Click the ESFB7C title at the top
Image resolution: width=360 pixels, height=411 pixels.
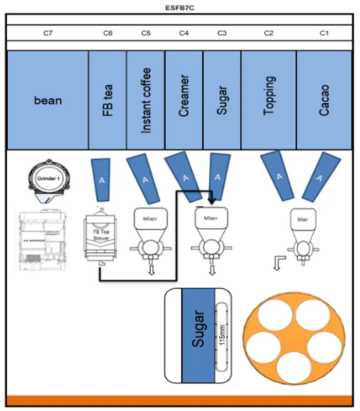tap(179, 8)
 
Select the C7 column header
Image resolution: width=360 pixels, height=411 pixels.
tap(48, 33)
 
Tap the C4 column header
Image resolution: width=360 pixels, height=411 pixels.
tap(184, 33)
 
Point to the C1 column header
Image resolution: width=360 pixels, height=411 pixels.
tap(323, 33)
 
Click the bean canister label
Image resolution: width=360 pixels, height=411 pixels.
tap(48, 100)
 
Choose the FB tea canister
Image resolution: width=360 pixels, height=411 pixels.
tap(108, 100)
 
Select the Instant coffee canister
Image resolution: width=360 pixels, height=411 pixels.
tap(146, 100)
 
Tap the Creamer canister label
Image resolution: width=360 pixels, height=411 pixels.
tap(184, 100)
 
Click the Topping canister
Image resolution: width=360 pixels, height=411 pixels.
tap(269, 100)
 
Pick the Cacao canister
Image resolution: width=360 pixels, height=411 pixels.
tap(323, 100)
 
